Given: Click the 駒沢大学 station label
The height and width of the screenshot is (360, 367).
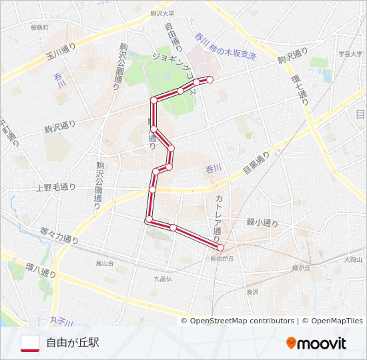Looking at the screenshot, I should (x=162, y=13).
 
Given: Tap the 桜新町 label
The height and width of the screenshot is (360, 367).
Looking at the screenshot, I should (x=40, y=27).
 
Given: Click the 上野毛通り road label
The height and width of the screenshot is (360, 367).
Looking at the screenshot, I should (x=56, y=188).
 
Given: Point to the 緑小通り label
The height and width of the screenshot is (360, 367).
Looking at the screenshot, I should (x=262, y=223).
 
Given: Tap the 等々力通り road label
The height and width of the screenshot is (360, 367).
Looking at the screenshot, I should (x=59, y=235).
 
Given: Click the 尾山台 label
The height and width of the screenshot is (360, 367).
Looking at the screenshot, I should (x=105, y=263).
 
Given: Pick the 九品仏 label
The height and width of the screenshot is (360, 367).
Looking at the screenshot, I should (x=163, y=279).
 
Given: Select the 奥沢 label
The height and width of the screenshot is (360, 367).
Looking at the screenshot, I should (x=252, y=291).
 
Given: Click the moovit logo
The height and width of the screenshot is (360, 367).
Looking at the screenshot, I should (x=316, y=343).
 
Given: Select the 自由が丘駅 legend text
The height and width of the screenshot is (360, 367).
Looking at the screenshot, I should (x=73, y=343).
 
